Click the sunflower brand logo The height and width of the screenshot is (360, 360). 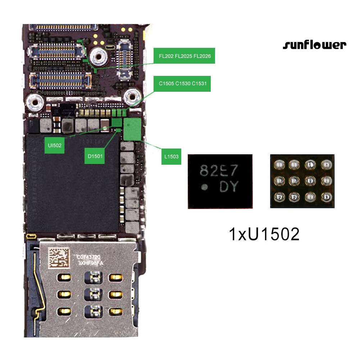(x=315, y=45)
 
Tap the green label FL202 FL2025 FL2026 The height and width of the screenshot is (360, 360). (x=184, y=56)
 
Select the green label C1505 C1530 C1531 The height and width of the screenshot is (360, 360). (x=182, y=83)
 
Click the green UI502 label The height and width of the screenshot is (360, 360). (x=54, y=145)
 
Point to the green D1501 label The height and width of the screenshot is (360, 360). (x=95, y=156)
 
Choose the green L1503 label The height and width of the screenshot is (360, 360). (x=171, y=156)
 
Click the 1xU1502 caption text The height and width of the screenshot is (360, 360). (x=264, y=234)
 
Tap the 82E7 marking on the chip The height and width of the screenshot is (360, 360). (x=218, y=170)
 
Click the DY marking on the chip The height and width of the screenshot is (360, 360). (x=229, y=186)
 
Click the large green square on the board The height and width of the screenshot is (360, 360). (x=132, y=129)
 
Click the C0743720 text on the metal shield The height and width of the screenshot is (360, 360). (x=88, y=257)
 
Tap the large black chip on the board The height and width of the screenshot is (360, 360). (x=73, y=183)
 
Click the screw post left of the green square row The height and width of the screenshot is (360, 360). (x=35, y=102)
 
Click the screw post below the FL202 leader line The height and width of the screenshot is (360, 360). (x=99, y=56)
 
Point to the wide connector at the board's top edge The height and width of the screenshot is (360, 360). (x=63, y=27)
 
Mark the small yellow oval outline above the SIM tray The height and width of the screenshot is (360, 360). (x=31, y=236)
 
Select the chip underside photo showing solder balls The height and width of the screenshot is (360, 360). (x=302, y=181)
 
